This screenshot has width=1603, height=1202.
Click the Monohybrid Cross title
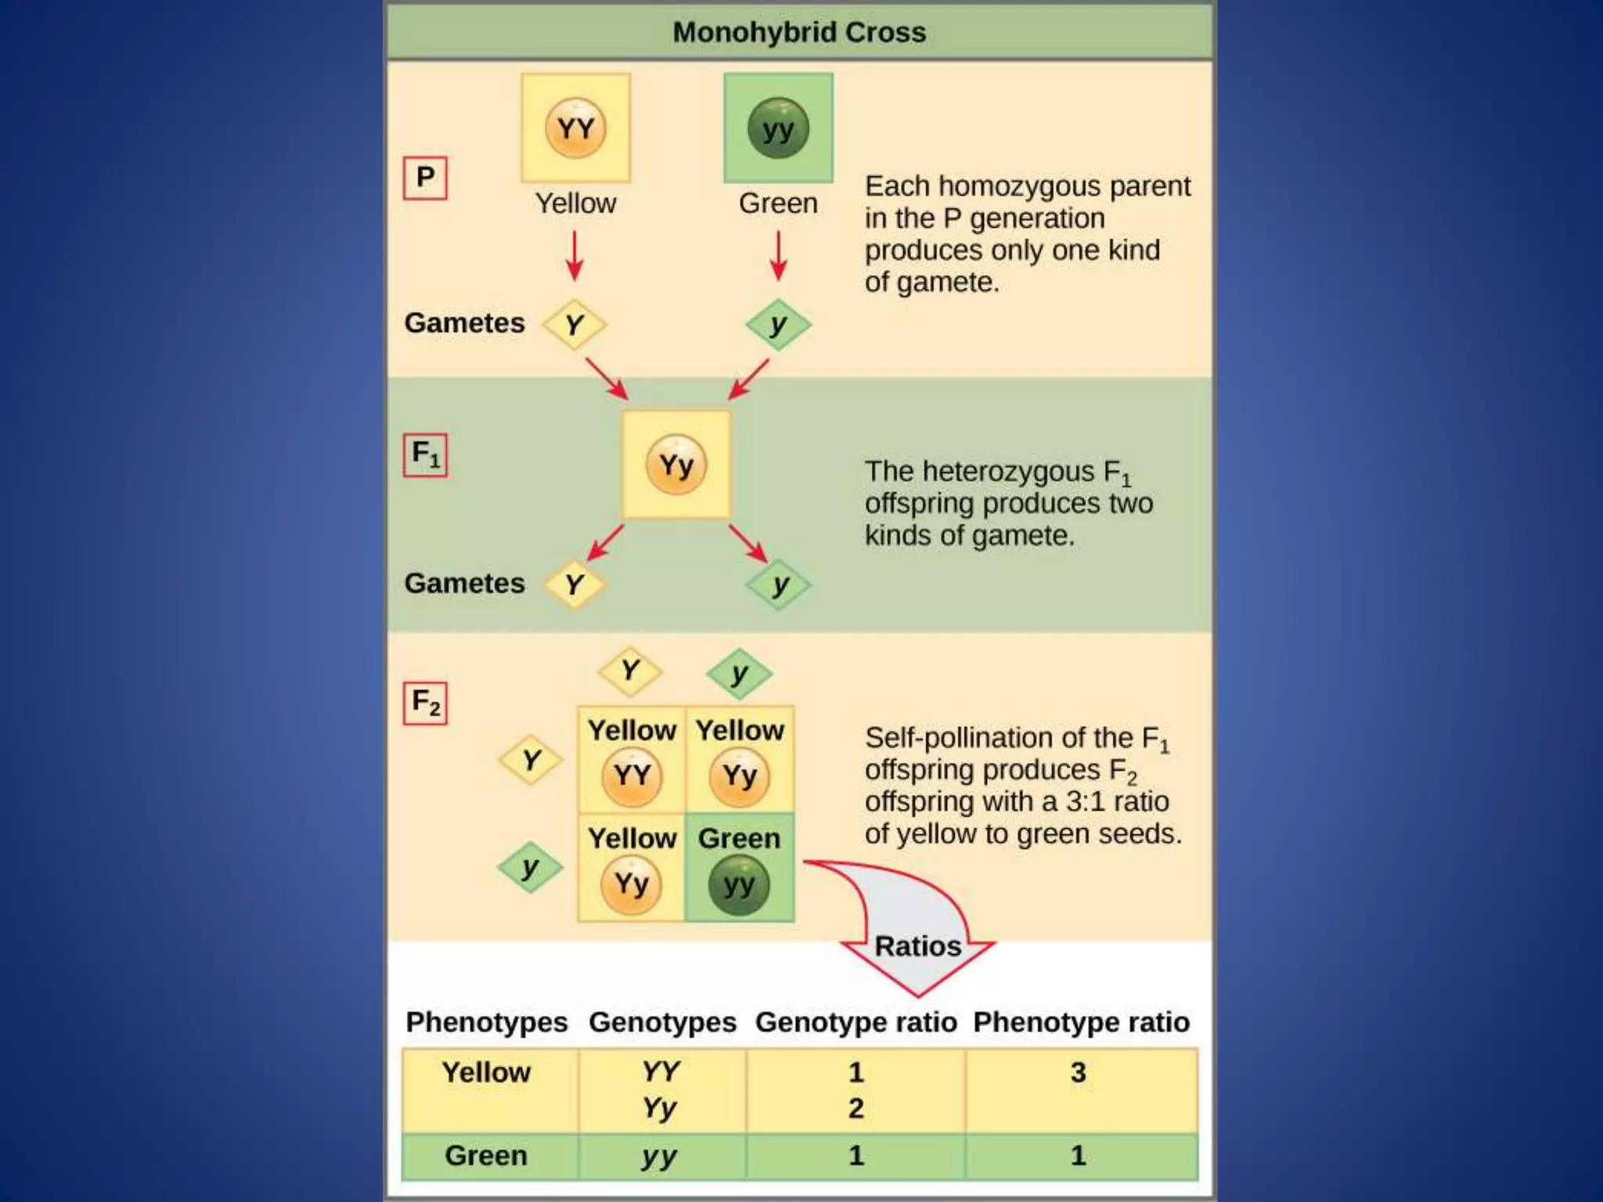(x=799, y=33)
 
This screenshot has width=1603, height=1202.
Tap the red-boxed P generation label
(x=425, y=178)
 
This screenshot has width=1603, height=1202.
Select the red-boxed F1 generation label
(x=425, y=455)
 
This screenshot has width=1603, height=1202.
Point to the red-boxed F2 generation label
(x=425, y=703)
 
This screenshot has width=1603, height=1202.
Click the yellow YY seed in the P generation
(x=575, y=128)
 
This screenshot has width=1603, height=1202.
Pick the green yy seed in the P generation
(x=778, y=128)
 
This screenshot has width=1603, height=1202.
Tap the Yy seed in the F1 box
(x=676, y=466)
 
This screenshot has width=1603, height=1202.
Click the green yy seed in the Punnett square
(x=739, y=885)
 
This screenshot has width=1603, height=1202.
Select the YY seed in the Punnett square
(x=632, y=776)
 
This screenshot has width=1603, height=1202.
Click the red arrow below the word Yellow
(x=575, y=255)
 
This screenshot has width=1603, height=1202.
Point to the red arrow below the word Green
(x=778, y=255)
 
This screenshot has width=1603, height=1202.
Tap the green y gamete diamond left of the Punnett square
(x=530, y=867)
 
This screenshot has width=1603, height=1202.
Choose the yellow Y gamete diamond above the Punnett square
(x=630, y=671)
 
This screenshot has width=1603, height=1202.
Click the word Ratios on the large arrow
(x=917, y=946)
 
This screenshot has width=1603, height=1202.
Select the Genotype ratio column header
(x=856, y=1022)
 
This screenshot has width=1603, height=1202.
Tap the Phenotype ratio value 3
(x=1079, y=1072)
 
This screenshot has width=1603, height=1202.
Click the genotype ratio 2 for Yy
(x=856, y=1108)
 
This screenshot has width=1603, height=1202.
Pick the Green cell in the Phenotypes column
(x=486, y=1156)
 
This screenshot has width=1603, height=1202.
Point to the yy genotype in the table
(x=660, y=1156)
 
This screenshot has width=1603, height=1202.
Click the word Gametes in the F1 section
(x=464, y=584)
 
